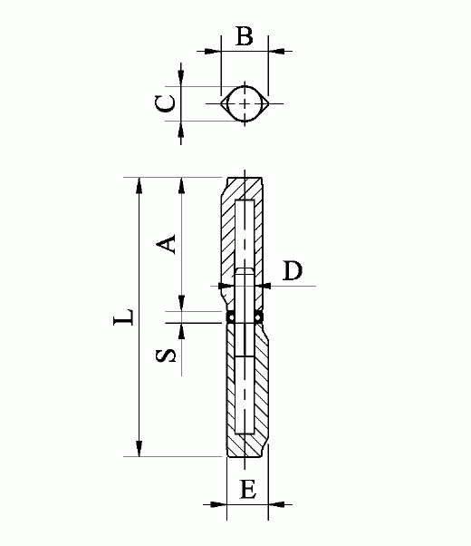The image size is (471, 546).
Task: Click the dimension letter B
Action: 245,35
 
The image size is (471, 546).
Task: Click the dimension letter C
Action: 165,103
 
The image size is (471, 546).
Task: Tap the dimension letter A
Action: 166,244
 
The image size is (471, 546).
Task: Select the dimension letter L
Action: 123,317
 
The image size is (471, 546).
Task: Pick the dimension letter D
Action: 293,270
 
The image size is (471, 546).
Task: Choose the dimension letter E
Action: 248,489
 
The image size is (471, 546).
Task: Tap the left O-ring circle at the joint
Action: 231,317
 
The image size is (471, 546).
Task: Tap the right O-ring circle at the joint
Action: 259,317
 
